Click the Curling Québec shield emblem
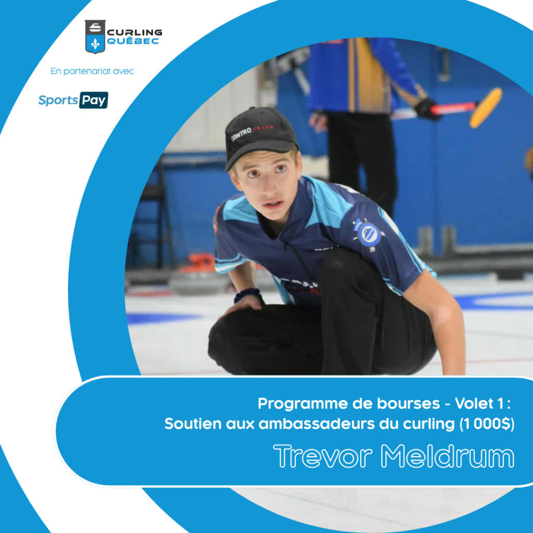coord(95,36)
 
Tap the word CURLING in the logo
coord(135,33)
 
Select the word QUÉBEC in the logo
coord(133,41)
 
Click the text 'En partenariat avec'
coord(92,71)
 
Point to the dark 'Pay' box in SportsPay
coord(94,100)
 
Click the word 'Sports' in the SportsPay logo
coord(58,100)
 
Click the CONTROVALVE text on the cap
coord(252,132)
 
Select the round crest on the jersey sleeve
coord(369,234)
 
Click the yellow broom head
coord(486,107)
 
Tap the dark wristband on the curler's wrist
coord(248,295)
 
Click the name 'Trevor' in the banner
coord(323,456)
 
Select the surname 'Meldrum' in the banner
coord(447,456)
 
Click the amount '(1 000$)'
coord(487,424)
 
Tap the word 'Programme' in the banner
coord(303,404)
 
